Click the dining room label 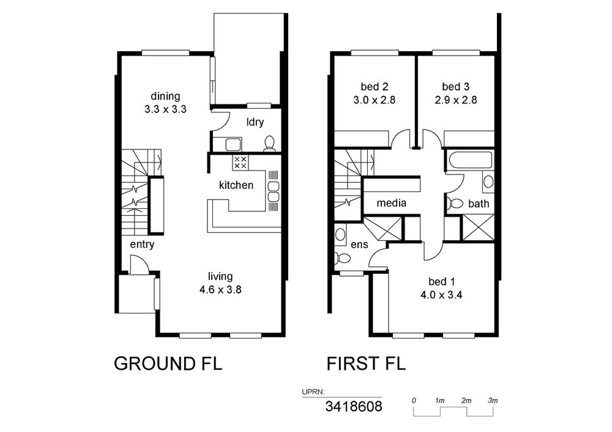[x=165, y=96]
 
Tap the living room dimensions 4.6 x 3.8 [x=220, y=290]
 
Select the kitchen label [x=236, y=185]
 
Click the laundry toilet [x=269, y=144]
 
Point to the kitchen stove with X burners [x=240, y=163]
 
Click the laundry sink [x=233, y=144]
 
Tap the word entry [x=142, y=244]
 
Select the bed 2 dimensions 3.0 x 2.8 [x=375, y=100]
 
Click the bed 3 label [x=456, y=87]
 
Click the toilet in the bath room [x=454, y=203]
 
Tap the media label [x=392, y=203]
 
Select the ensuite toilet [x=343, y=258]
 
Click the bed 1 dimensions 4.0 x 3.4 [x=441, y=295]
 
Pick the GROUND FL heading [x=168, y=364]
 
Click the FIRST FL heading [x=366, y=364]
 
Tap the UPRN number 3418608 [x=354, y=407]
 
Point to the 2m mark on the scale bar [x=466, y=400]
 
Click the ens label [x=359, y=244]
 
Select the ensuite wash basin [x=340, y=235]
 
